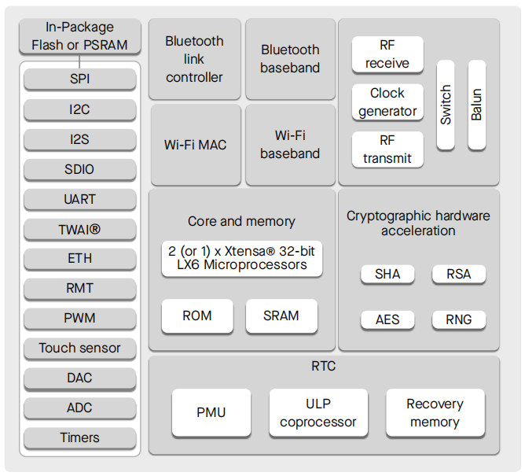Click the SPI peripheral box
click(x=79, y=79)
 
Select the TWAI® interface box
click(x=79, y=229)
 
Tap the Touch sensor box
click(x=79, y=348)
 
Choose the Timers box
click(x=79, y=437)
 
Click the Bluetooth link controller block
click(x=194, y=59)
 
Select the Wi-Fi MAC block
click(x=194, y=145)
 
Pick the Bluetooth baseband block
click(x=290, y=59)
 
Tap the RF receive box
click(x=387, y=54)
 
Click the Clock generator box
click(x=387, y=102)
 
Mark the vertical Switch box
click(x=446, y=105)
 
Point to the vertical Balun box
click(x=476, y=105)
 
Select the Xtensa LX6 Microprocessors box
click(x=242, y=258)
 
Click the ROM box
click(x=197, y=315)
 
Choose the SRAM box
click(x=281, y=315)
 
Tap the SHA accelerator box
click(x=387, y=274)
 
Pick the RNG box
click(x=459, y=319)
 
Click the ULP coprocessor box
click(x=318, y=412)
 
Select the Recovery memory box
click(x=435, y=412)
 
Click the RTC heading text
click(x=323, y=366)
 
